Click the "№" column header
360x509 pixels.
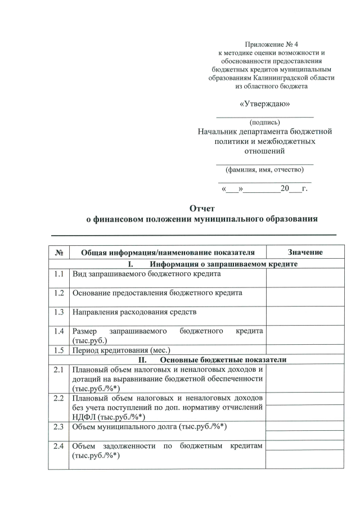pyautogui.click(x=58, y=253)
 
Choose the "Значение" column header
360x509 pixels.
pyautogui.click(x=305, y=253)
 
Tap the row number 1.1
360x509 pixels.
pyautogui.click(x=58, y=274)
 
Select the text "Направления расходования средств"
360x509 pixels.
pyautogui.click(x=134, y=311)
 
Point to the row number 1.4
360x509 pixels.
pyautogui.click(x=58, y=331)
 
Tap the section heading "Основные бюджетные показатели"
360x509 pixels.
pyautogui.click(x=223, y=360)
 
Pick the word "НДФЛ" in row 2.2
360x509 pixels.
pyautogui.click(x=84, y=417)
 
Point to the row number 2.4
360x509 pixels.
pyautogui.click(x=58, y=447)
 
